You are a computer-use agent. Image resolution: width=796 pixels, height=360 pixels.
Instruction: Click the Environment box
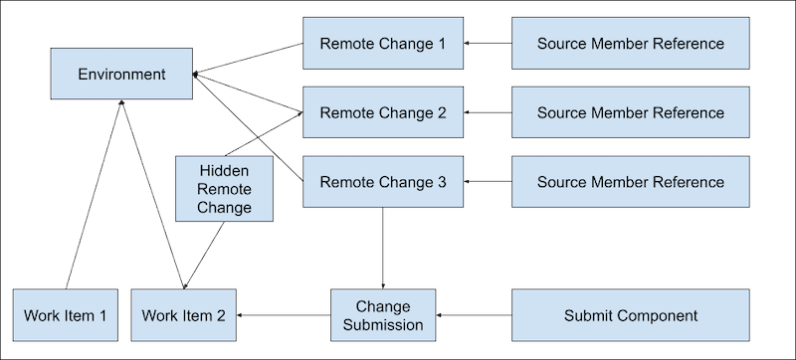(x=122, y=74)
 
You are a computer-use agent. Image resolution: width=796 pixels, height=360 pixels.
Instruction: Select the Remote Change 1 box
(x=383, y=44)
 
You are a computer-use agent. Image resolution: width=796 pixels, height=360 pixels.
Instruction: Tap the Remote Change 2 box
(x=383, y=112)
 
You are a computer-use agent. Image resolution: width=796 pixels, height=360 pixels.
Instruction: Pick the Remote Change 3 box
(x=383, y=182)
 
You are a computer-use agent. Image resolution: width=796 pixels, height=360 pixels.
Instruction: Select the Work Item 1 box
(x=66, y=315)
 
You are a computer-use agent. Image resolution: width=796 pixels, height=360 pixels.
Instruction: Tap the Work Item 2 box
(x=184, y=315)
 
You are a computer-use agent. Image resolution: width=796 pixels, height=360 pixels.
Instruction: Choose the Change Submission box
(x=383, y=315)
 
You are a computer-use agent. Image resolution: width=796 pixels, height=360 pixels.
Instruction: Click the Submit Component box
(x=630, y=315)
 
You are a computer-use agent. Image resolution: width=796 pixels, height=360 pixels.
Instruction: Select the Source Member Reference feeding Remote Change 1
(x=630, y=44)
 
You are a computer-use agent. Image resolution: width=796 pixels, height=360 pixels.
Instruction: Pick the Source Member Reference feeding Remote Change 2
(x=630, y=112)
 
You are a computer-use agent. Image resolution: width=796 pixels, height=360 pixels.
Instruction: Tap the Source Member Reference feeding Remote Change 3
(x=630, y=182)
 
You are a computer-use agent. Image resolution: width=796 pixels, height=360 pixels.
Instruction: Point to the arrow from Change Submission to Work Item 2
(x=284, y=315)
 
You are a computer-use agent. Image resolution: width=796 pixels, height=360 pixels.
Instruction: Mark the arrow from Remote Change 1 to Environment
(x=249, y=59)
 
